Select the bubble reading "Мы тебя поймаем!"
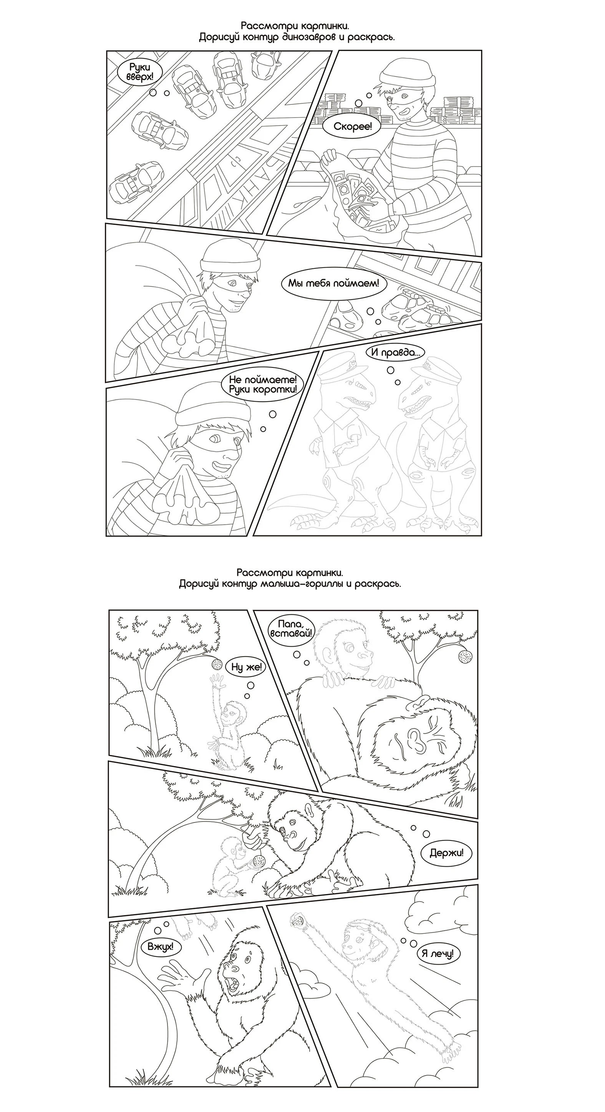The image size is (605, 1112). pyautogui.click(x=333, y=284)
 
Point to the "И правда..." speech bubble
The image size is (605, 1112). pyautogui.click(x=395, y=352)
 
